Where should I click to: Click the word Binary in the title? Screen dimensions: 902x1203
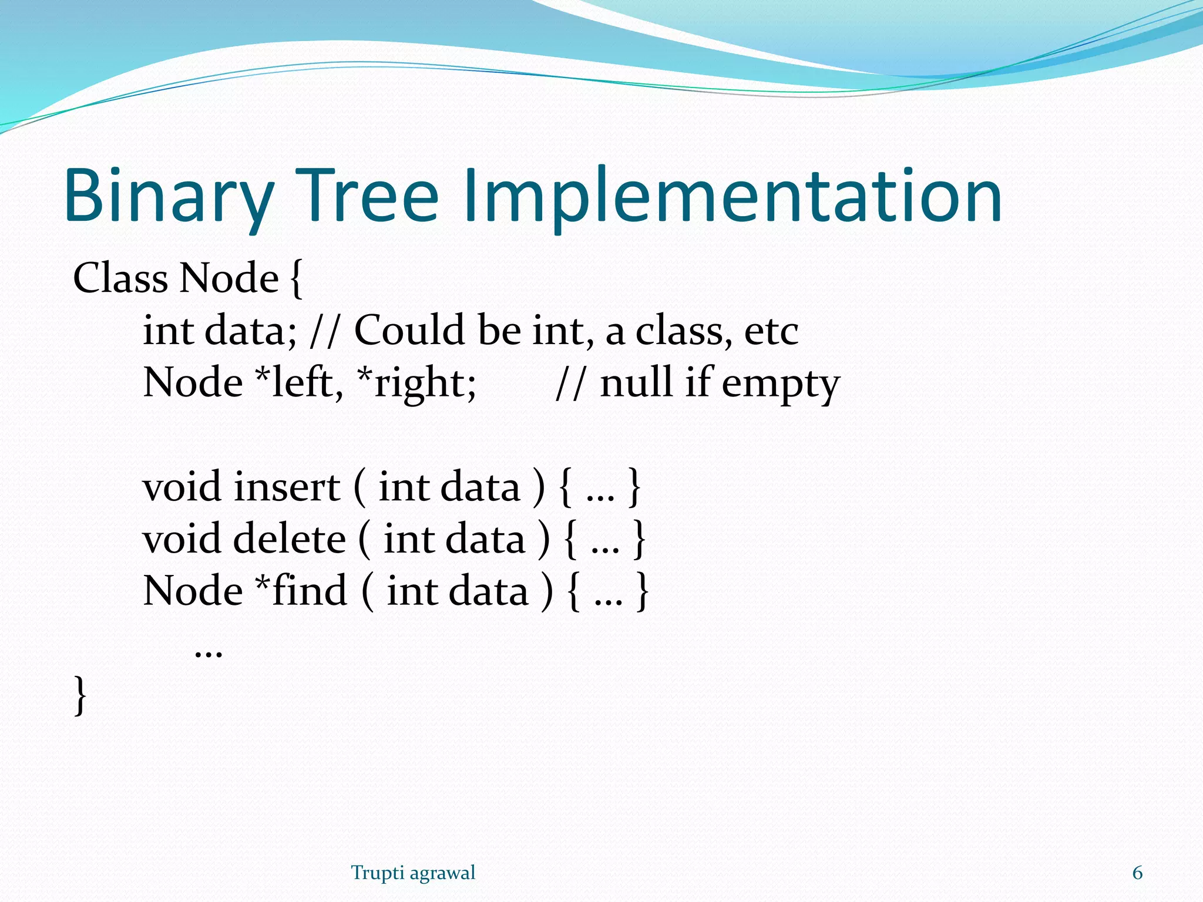(169, 197)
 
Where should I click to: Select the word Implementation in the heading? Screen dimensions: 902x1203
(731, 197)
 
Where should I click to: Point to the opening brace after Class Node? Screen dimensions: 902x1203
(297, 279)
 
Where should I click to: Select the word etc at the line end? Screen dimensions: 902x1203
(771, 331)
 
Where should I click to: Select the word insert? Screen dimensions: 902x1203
(287, 487)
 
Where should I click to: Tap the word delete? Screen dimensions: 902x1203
(290, 538)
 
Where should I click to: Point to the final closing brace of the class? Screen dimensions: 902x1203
(80, 695)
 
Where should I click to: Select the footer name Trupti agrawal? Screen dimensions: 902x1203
(413, 873)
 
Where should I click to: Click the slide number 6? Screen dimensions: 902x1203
(1137, 873)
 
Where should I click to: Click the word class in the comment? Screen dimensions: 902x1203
(684, 331)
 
